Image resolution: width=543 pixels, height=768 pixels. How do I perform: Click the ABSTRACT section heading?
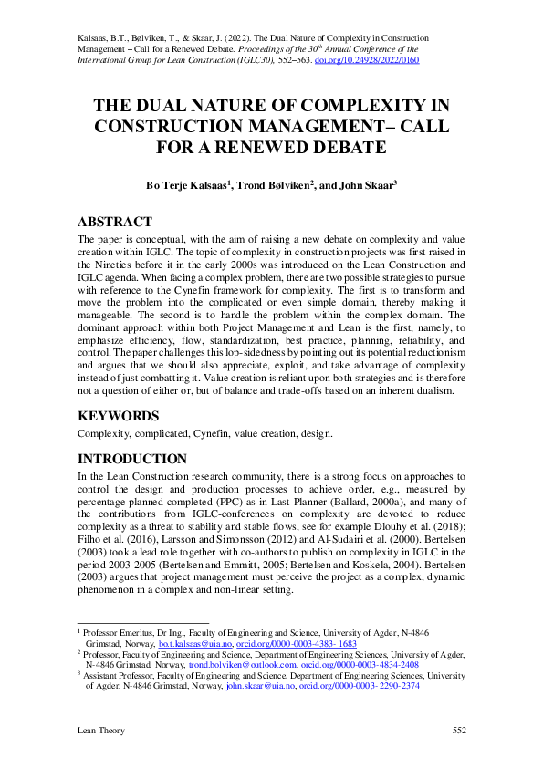(114, 222)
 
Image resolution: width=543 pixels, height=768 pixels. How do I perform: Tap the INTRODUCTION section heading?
(131, 458)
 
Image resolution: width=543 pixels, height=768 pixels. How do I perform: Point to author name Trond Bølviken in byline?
(273, 185)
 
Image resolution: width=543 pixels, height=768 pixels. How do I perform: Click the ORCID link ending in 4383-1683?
(313, 642)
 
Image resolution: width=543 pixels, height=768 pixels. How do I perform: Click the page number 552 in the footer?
(459, 732)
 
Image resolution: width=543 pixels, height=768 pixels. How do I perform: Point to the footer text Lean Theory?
(100, 732)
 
